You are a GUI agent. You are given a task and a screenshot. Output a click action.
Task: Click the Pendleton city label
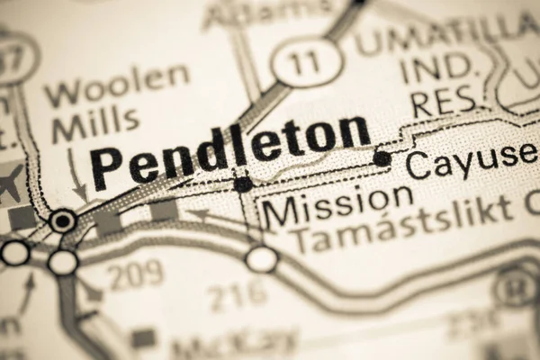coord(230,149)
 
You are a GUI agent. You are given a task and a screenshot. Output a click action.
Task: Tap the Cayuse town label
coord(471,159)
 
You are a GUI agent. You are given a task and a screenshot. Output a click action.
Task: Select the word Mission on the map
coord(338,209)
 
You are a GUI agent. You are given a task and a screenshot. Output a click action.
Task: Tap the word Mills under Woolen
coord(94,123)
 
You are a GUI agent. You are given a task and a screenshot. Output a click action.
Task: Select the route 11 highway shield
coord(307,62)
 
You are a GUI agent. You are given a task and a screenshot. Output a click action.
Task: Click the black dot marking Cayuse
coord(382,158)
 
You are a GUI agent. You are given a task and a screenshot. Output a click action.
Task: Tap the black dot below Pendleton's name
coord(243,184)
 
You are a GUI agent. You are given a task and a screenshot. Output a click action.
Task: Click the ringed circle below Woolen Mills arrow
coord(63,219)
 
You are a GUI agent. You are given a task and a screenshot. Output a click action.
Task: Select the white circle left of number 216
coord(262,259)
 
